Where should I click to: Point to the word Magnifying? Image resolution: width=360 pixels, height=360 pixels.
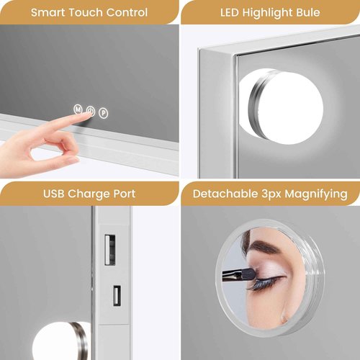[319, 194]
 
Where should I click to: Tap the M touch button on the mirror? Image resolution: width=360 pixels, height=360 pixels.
[77, 110]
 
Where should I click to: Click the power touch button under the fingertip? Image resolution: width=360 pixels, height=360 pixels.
[90, 111]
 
